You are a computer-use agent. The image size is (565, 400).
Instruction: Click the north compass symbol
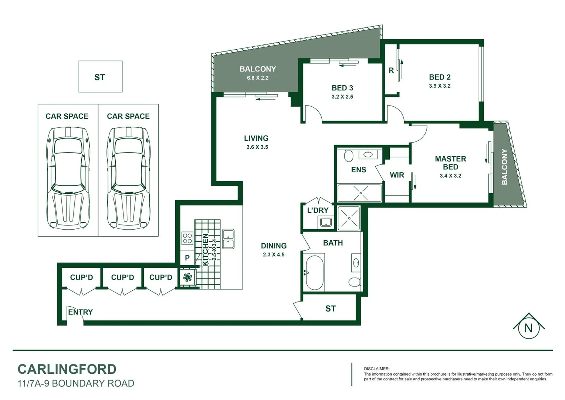pos(528,327)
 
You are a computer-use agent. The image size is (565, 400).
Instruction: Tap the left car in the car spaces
pos(68,178)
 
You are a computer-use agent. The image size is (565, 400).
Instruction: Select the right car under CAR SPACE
pos(128,178)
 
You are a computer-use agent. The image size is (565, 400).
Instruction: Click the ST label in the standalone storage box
pos(100,77)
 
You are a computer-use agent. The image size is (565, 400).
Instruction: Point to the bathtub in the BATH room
pos(315,272)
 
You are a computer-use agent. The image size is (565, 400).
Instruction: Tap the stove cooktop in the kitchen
pos(187,238)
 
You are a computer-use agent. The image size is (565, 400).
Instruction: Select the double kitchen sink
pos(228,239)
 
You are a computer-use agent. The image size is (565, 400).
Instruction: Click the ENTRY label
pos(80,312)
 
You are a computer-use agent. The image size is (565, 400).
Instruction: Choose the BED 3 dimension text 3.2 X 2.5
pos(342,97)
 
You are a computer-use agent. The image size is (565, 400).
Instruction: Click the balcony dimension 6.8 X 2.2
pos(258,78)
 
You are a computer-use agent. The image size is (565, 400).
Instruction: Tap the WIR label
pos(397,175)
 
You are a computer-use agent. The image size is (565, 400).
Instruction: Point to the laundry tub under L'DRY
pos(326,222)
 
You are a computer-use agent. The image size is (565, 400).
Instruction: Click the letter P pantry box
pos(187,258)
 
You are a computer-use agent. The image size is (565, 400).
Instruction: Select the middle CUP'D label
pos(122,277)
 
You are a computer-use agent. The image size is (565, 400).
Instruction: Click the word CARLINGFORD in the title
pos(67,369)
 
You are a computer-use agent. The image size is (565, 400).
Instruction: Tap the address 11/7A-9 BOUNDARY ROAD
pos(76,383)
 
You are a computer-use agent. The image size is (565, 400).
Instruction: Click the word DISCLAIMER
pos(376,369)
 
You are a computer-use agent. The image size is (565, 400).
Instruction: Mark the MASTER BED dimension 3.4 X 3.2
pos(450,176)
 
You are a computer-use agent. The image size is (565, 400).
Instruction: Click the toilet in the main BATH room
pos(355,282)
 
